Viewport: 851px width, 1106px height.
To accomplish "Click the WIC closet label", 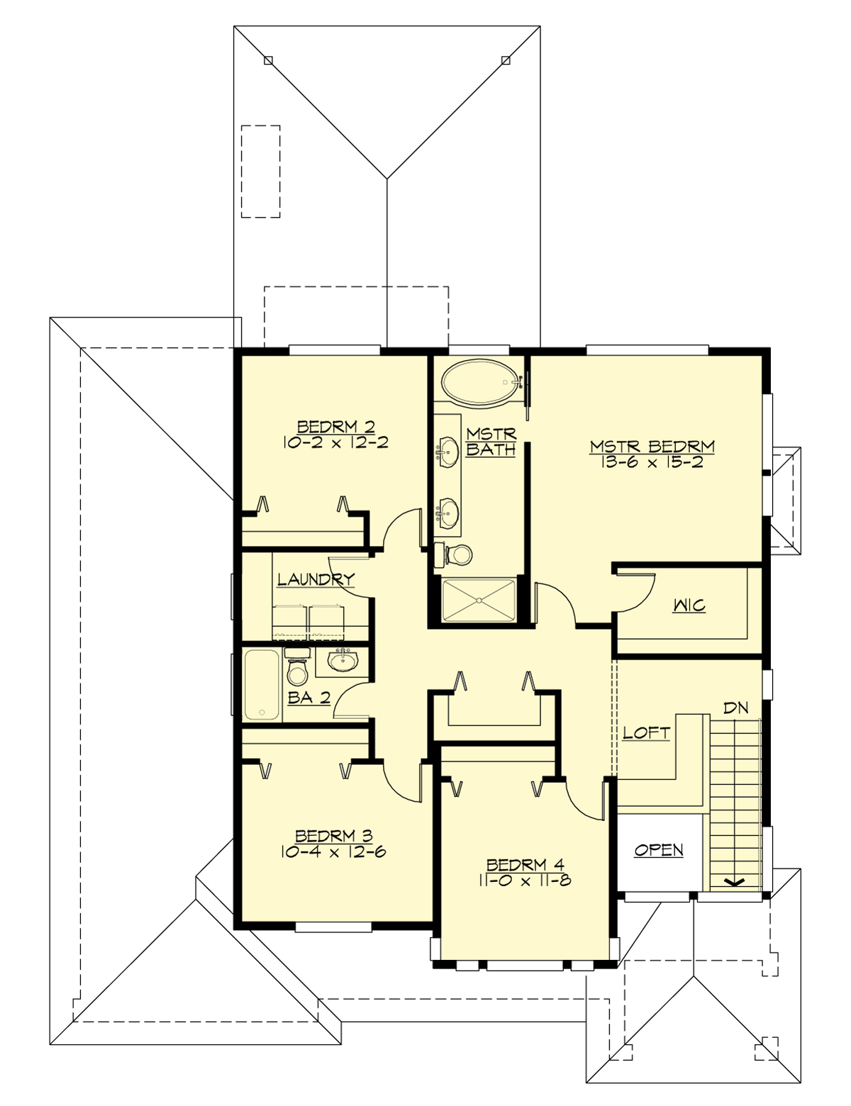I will [689, 606].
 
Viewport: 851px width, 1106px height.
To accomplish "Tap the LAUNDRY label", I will [315, 579].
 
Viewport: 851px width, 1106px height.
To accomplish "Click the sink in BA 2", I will [344, 661].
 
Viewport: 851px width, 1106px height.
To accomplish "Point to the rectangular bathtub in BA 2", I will [262, 685].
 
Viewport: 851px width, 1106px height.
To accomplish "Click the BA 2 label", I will [309, 698].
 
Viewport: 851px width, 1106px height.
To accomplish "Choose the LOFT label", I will [646, 733].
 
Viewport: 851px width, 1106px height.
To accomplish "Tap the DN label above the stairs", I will [735, 708].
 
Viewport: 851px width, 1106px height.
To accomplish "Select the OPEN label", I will [659, 850].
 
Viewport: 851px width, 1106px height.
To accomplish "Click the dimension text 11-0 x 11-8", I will [525, 881].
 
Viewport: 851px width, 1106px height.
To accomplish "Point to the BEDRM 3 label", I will [333, 836].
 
